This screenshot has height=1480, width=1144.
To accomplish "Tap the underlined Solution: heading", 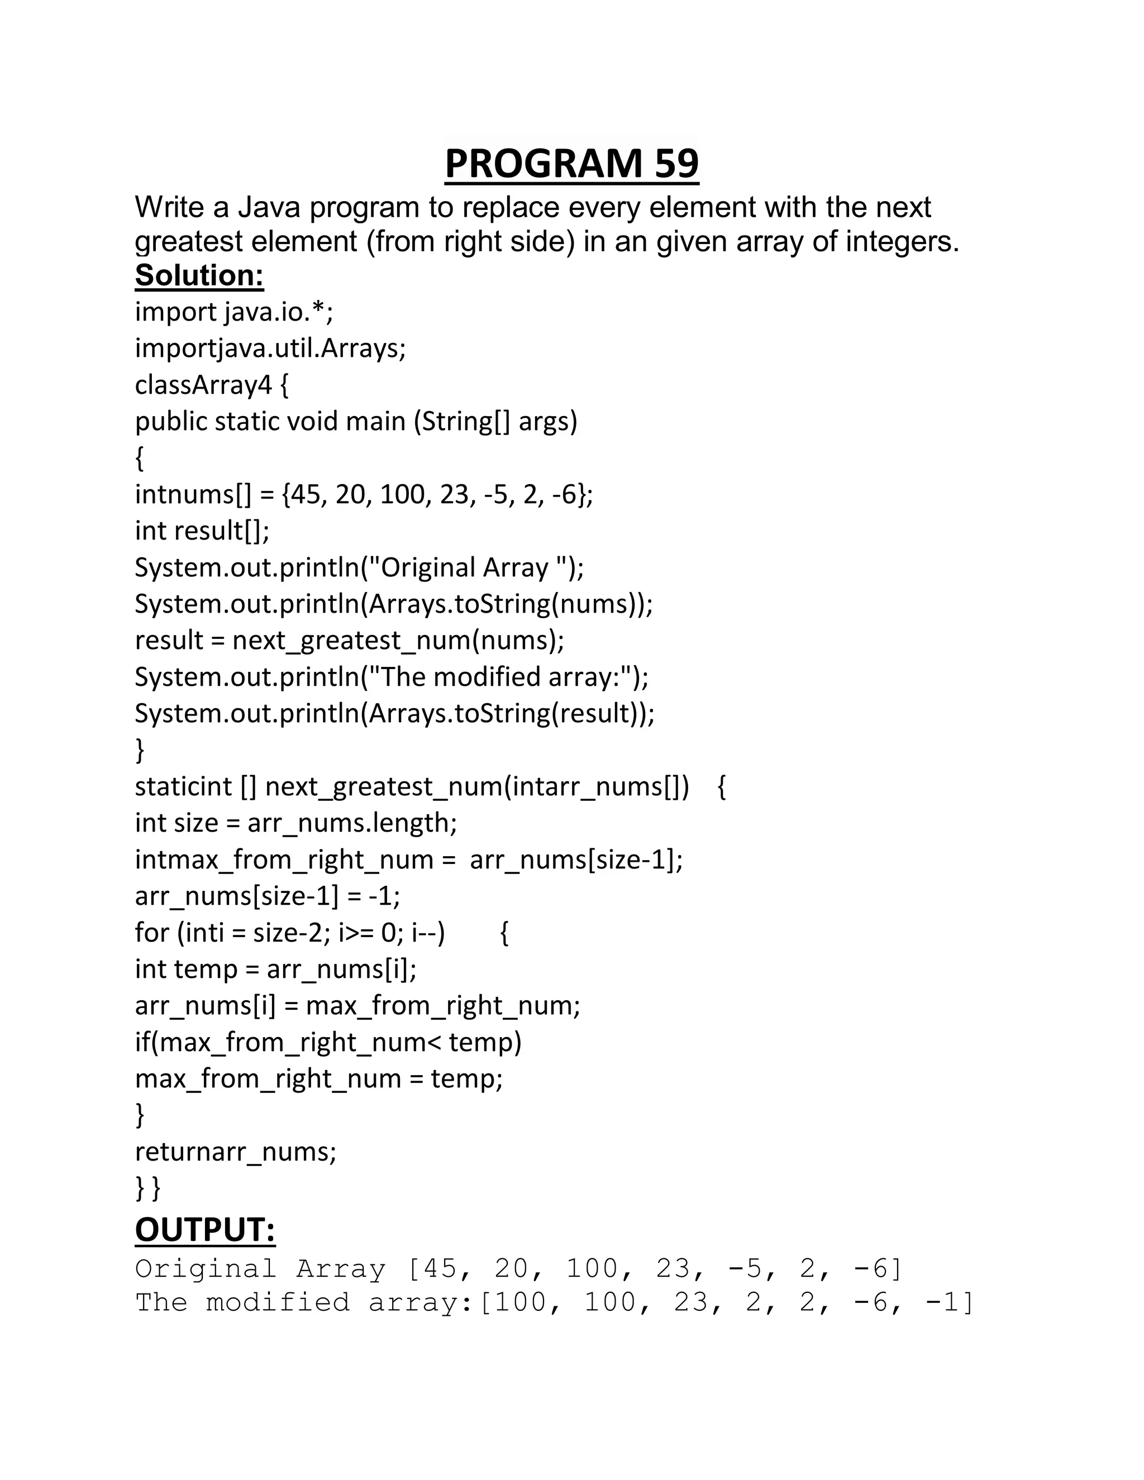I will pyautogui.click(x=199, y=276).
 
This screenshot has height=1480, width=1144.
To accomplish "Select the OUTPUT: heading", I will pyautogui.click(x=204, y=1230).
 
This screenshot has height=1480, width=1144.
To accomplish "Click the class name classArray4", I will pyautogui.click(x=203, y=385).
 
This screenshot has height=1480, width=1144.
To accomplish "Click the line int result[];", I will pyautogui.click(x=202, y=531).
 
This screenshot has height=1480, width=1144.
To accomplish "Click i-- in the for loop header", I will pyautogui.click(x=425, y=933).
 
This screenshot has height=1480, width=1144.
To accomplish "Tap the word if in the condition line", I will pyautogui.click(x=142, y=1042).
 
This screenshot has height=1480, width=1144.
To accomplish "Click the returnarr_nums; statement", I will pyautogui.click(x=235, y=1152).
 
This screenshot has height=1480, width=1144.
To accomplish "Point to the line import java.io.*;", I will pyautogui.click(x=234, y=312).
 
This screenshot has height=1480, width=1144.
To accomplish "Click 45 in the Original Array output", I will pyautogui.click(x=439, y=1268).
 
